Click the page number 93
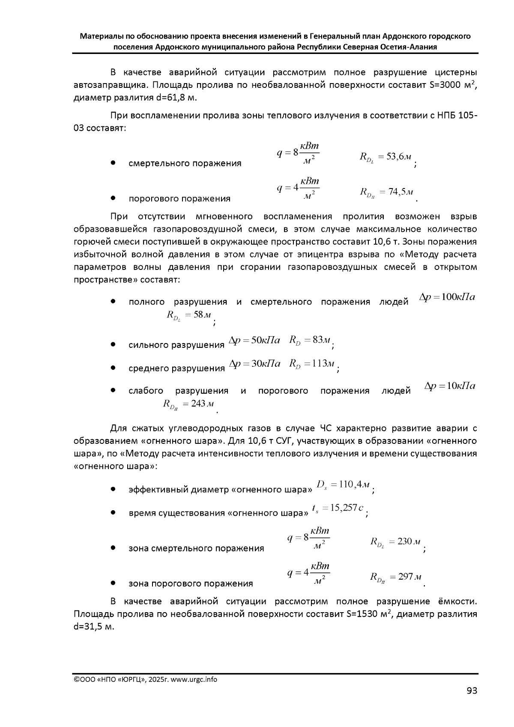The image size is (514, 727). [x=472, y=691]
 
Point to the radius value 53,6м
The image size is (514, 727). [x=398, y=157]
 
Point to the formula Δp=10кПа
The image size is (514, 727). [x=449, y=386]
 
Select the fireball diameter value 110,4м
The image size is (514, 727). [x=354, y=485]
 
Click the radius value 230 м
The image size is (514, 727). [x=409, y=541]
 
